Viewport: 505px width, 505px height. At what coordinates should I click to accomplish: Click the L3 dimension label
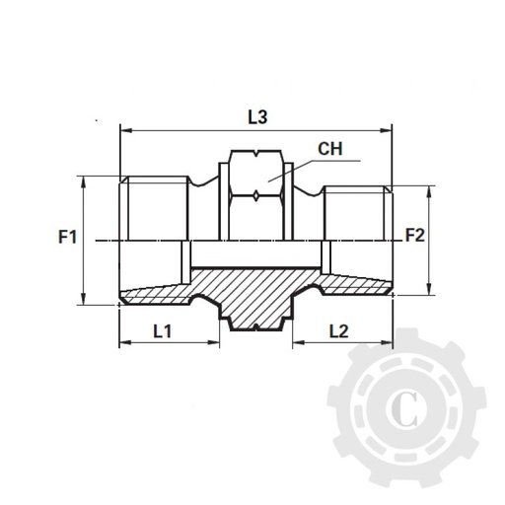[257, 115]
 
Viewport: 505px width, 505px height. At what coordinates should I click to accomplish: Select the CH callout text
[329, 150]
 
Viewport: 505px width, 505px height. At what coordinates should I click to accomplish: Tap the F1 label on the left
[66, 238]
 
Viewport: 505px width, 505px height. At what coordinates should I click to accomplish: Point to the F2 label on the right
[415, 237]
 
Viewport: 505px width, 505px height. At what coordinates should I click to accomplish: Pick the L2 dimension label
[337, 331]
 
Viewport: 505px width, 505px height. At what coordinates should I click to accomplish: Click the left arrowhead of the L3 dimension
[123, 128]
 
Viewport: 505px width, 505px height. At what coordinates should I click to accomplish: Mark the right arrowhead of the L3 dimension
[389, 128]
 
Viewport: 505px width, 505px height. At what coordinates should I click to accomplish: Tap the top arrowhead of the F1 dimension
[84, 180]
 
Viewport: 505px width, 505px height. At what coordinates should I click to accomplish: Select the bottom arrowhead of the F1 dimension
[84, 302]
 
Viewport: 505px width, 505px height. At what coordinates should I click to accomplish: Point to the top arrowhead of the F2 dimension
[429, 191]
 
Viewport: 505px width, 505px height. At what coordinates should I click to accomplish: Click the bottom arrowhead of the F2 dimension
[429, 290]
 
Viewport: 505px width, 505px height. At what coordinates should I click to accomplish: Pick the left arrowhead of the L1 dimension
[123, 343]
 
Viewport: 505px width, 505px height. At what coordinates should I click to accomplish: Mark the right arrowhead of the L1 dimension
[214, 343]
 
